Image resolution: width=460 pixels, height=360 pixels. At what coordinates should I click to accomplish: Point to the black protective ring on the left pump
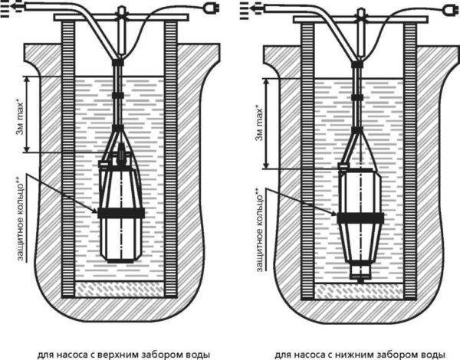click(120, 212)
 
